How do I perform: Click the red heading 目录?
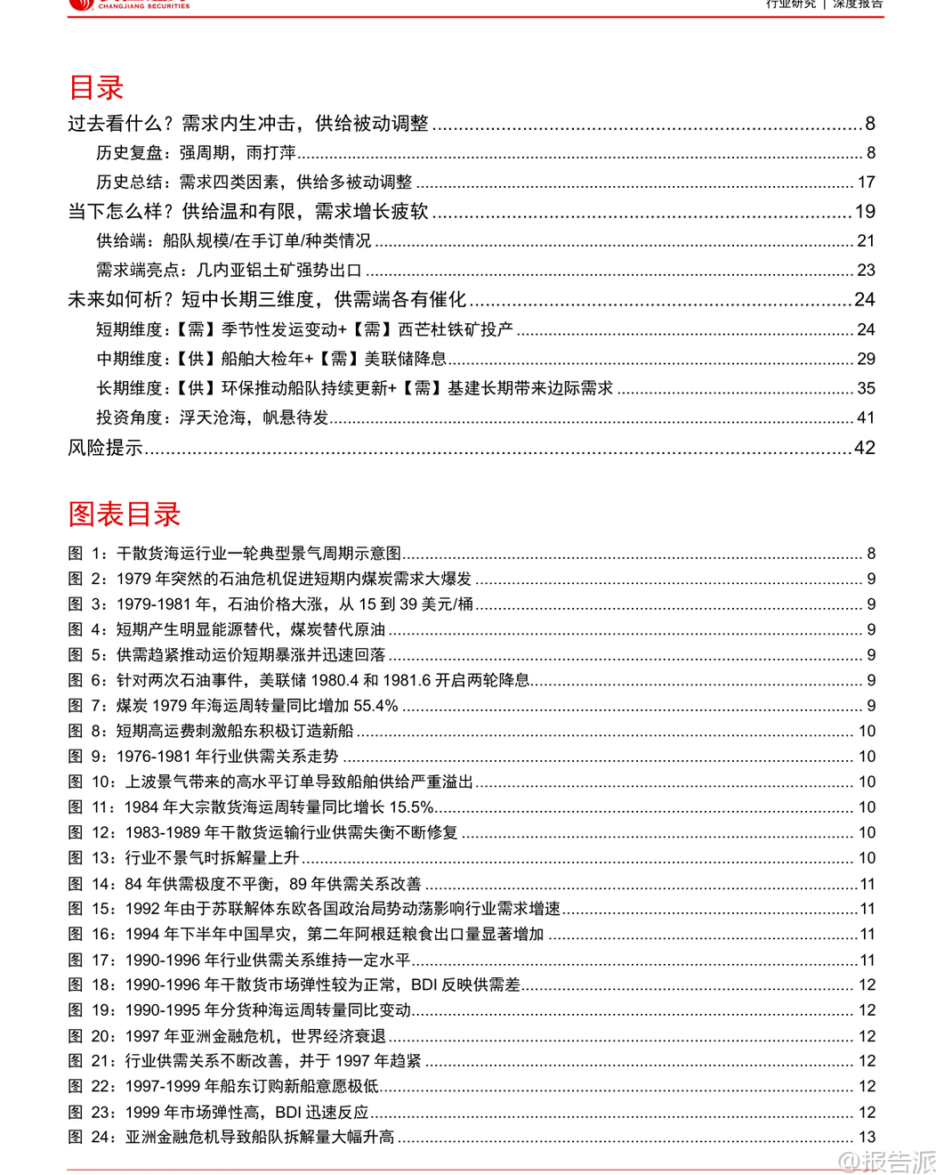tap(96, 88)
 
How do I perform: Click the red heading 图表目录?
tap(125, 514)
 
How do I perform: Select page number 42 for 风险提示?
tap(865, 448)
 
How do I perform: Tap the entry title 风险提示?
tap(105, 448)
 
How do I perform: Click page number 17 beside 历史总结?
tap(866, 182)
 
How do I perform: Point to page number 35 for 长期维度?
tap(866, 388)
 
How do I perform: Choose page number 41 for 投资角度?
tap(866, 417)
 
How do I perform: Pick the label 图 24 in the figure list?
tap(93, 1137)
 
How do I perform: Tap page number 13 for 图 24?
tap(867, 1137)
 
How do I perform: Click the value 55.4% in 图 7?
tap(375, 706)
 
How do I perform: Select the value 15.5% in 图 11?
tap(411, 807)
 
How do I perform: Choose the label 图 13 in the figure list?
tap(93, 858)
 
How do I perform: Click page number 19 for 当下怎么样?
tap(865, 212)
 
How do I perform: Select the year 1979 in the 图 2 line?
tap(134, 579)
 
